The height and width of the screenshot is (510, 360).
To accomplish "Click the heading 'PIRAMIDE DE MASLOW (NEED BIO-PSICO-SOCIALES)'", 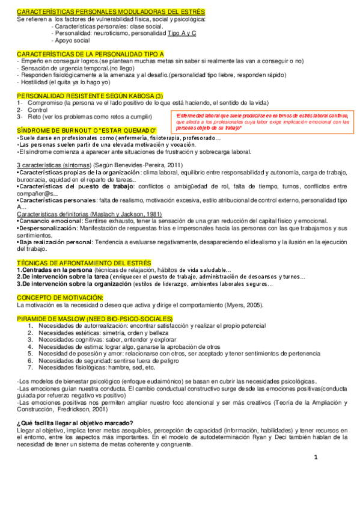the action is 95,318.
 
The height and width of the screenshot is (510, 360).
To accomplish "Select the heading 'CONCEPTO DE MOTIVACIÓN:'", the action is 60,298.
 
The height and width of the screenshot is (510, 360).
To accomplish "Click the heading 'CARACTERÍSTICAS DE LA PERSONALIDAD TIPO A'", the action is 91,54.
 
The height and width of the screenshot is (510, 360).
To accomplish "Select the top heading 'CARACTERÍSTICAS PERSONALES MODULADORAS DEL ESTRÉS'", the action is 111,12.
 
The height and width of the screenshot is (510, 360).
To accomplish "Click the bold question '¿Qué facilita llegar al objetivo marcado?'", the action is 75,423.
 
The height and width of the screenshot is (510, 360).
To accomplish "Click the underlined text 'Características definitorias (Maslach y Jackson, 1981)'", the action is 89,214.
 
